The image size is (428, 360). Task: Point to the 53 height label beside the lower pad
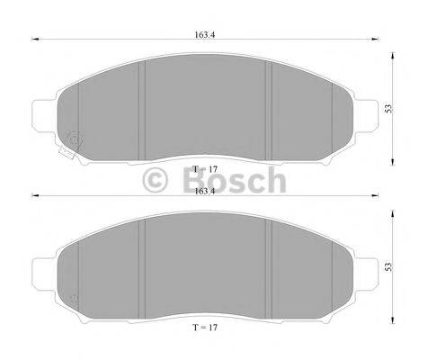389,266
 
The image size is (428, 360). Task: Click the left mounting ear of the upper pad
41,112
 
